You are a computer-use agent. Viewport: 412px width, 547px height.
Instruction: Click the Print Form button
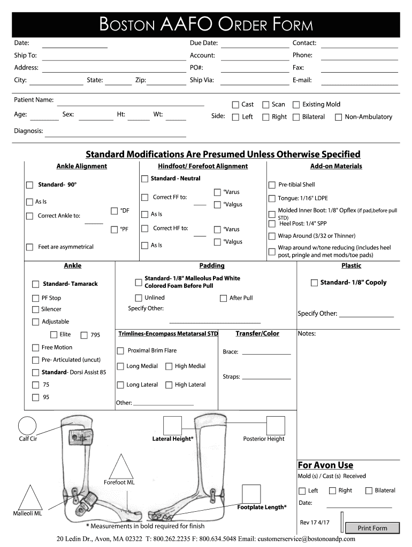pyautogui.click(x=372, y=528)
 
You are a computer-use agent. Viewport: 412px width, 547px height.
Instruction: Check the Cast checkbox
pyautogui.click(x=235, y=105)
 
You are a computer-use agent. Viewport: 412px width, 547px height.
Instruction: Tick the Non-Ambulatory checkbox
pyautogui.click(x=338, y=117)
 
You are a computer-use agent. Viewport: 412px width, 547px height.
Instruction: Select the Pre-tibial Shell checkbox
pyautogui.click(x=272, y=185)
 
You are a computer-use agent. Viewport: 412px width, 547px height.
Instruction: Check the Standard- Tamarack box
pyautogui.click(x=36, y=284)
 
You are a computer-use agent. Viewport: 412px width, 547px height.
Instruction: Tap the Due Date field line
pyautogui.click(x=255, y=46)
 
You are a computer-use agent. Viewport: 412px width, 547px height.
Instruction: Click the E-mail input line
pyautogui.click(x=359, y=83)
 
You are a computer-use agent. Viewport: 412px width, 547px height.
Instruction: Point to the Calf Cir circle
pyautogui.click(x=27, y=425)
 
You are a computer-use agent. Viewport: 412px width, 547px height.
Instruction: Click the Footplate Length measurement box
pyautogui.click(x=251, y=494)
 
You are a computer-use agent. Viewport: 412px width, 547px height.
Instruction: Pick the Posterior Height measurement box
pyautogui.click(x=276, y=426)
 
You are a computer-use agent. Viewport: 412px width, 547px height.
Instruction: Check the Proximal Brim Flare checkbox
pyautogui.click(x=120, y=351)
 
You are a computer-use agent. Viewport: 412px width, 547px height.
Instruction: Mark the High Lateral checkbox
pyautogui.click(x=169, y=385)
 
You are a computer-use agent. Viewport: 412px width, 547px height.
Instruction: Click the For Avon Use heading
pyautogui.click(x=325, y=465)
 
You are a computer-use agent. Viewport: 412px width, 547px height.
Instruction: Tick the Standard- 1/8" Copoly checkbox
pyautogui.click(x=315, y=283)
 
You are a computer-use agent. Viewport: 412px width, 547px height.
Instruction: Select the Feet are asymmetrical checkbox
pyautogui.click(x=30, y=247)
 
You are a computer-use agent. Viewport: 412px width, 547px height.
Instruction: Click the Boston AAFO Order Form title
pyautogui.click(x=206, y=24)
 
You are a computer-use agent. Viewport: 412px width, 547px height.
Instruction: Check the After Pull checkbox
pyautogui.click(x=223, y=299)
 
